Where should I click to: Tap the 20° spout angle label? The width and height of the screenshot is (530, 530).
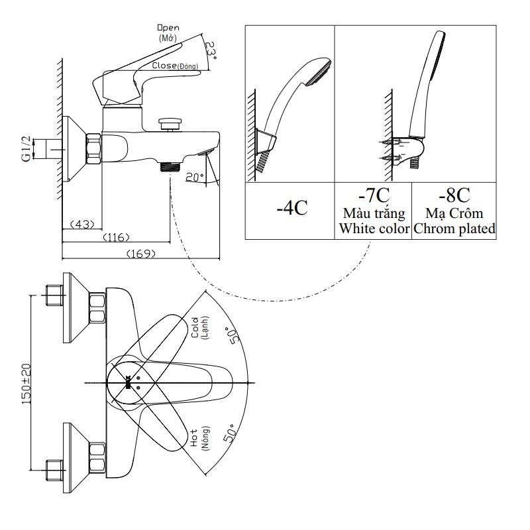point(195,176)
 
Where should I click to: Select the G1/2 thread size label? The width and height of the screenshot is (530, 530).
point(26,148)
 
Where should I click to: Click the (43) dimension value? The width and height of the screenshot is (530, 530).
point(82,224)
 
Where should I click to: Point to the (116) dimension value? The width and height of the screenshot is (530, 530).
point(116,237)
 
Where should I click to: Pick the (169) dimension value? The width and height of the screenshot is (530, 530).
point(141,253)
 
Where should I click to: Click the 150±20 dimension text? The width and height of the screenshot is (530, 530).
point(26,384)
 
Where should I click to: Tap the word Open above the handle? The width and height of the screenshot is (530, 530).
point(168,28)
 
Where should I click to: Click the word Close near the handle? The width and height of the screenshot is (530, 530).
point(164,65)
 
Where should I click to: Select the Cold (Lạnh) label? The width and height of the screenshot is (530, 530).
point(200,327)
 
